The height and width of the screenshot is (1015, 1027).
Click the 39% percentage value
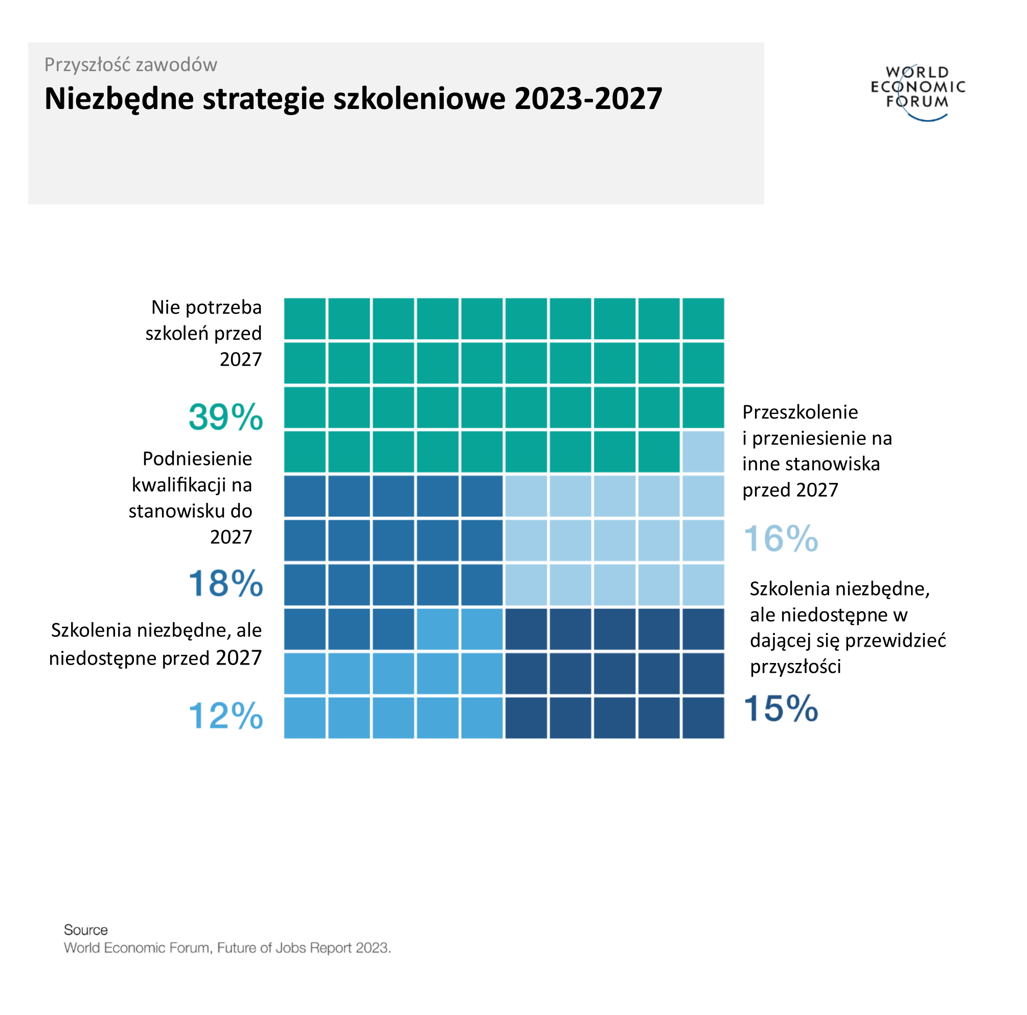225,417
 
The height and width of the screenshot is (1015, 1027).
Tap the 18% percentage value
225,584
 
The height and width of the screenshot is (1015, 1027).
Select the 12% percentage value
225,716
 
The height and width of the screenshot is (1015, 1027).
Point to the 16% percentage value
781,539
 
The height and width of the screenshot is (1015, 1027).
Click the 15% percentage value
781,709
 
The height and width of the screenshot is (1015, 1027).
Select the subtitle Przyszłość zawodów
131,65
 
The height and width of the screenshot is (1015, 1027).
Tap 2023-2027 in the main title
588,99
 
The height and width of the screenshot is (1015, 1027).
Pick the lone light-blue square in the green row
703,452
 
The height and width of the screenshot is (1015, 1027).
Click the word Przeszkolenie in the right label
800,412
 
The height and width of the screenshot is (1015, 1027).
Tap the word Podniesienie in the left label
197,458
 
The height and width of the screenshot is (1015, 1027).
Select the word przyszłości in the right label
795,667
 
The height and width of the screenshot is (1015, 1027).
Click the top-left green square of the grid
305,319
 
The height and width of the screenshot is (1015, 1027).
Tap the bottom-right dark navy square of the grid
703,718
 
